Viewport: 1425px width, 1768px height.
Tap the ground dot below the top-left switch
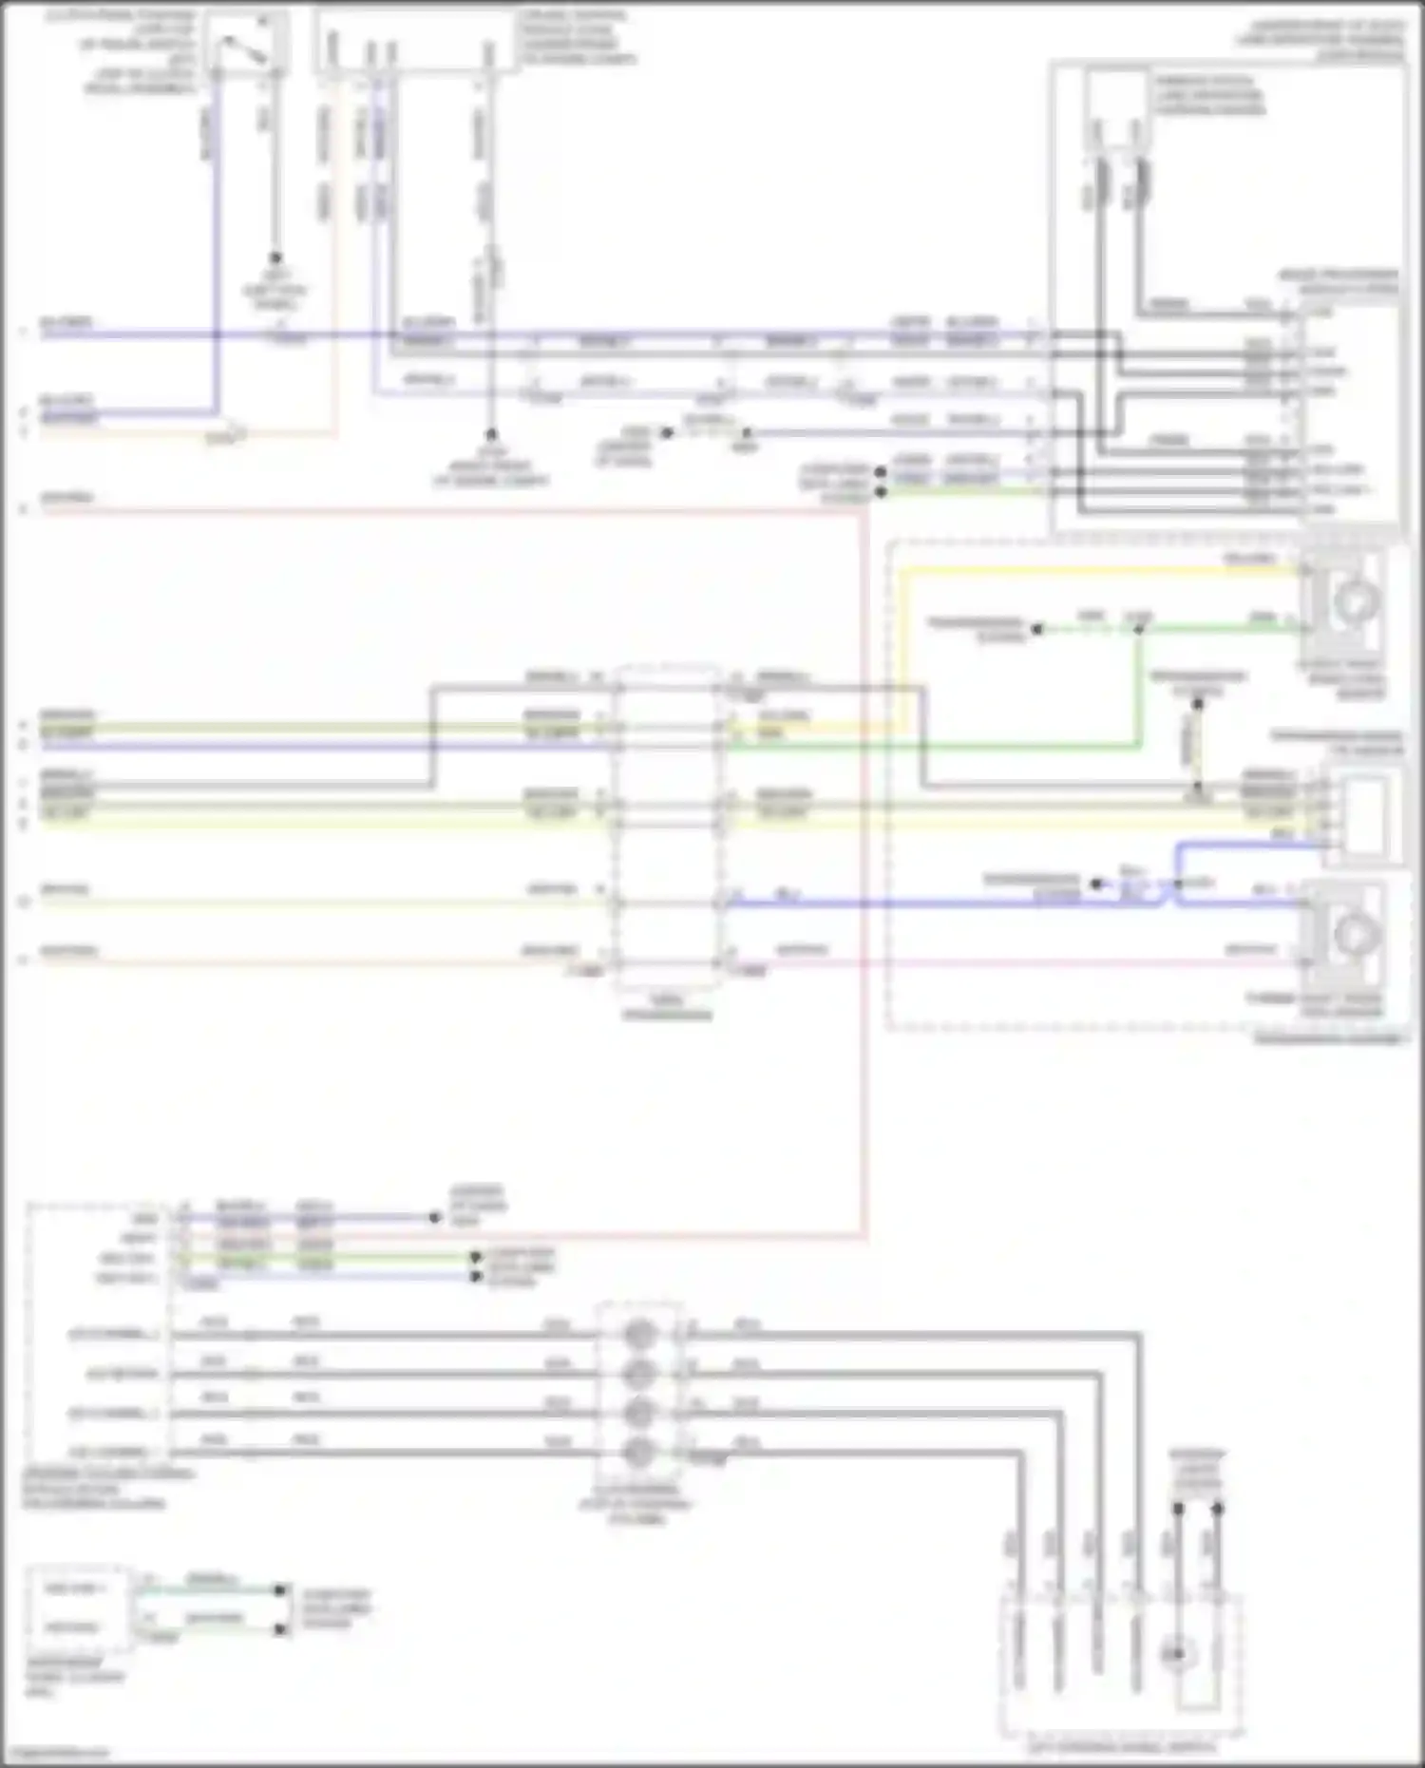click(x=275, y=258)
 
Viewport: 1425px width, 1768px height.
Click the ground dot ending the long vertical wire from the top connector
click(x=491, y=432)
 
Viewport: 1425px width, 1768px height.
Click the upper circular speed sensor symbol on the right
click(x=1356, y=601)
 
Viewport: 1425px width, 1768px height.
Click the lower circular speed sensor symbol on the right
click(x=1356, y=935)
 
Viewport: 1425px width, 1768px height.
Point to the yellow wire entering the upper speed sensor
click(x=1092, y=571)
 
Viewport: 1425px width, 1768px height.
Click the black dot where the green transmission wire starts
click(x=1038, y=629)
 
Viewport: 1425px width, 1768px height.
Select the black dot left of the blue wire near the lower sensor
click(x=1095, y=884)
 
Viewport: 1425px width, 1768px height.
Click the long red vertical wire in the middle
click(x=865, y=855)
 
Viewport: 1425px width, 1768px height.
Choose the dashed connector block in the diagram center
click(x=667, y=827)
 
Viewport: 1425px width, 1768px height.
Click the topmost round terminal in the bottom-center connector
click(x=639, y=1335)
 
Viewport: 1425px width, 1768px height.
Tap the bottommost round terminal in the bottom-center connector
click(x=639, y=1452)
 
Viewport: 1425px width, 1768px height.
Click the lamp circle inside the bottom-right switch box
click(x=1178, y=1655)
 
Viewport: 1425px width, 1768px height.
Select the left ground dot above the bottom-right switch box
click(x=1178, y=1509)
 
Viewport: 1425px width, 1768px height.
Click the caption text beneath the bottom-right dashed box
click(x=1121, y=1746)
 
